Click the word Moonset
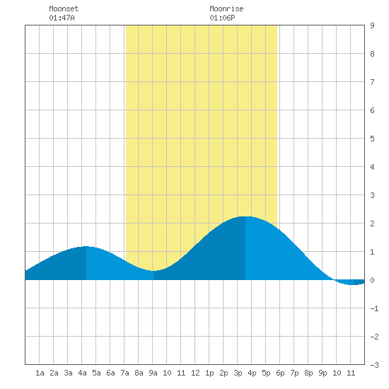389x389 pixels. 64,8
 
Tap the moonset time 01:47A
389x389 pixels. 62,18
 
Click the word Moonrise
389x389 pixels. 226,8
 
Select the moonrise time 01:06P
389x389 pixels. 222,18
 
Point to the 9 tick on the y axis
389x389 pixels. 372,25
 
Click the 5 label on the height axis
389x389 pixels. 372,139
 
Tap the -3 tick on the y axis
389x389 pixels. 374,365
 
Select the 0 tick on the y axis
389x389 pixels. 372,280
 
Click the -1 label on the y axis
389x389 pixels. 374,308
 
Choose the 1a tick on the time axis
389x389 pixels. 40,373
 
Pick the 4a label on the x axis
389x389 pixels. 82,373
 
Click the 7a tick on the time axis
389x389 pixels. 124,373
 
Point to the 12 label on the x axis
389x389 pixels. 195,373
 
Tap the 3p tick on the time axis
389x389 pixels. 238,373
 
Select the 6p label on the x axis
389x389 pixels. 280,373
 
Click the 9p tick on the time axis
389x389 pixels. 323,373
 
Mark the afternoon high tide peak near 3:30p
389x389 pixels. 245,216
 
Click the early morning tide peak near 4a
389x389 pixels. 86,246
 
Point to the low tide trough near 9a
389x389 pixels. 153,271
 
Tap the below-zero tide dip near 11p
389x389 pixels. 353,284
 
